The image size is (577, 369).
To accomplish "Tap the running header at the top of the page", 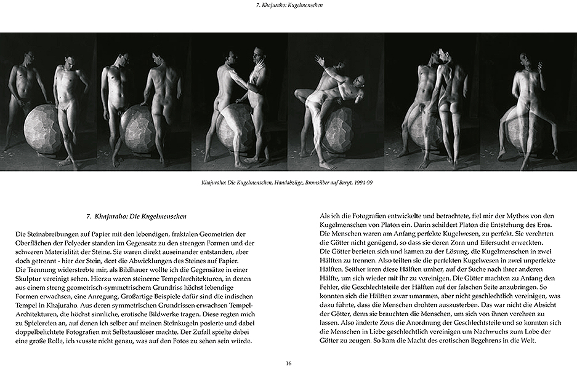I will tap(288, 5).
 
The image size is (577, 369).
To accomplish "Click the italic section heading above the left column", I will tap(137, 216).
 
